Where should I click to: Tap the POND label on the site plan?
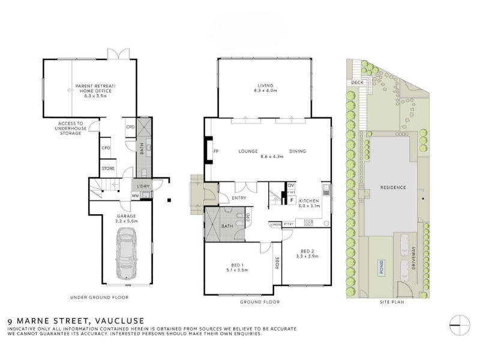coord(382,267)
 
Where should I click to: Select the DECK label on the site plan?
coord(357,83)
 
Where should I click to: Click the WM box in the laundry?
coord(136,196)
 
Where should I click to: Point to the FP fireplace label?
coord(216,151)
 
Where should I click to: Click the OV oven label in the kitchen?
coord(291,185)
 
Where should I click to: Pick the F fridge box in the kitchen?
coord(292,200)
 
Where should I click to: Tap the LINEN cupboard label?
coord(275,224)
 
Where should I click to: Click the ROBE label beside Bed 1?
coord(277,263)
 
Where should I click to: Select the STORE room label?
coord(109,169)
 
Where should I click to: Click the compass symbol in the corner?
coord(460,325)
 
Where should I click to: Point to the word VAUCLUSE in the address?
coord(119,321)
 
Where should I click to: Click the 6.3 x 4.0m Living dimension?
coord(265,91)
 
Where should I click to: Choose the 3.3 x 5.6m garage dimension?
coord(127,221)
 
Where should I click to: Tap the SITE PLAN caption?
coord(392,302)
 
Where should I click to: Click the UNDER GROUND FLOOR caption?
coord(100,297)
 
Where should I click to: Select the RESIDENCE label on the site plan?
coord(393,187)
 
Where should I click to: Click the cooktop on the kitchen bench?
coord(308,223)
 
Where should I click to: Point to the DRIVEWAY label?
coord(414,258)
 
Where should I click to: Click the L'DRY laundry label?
coord(143,186)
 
